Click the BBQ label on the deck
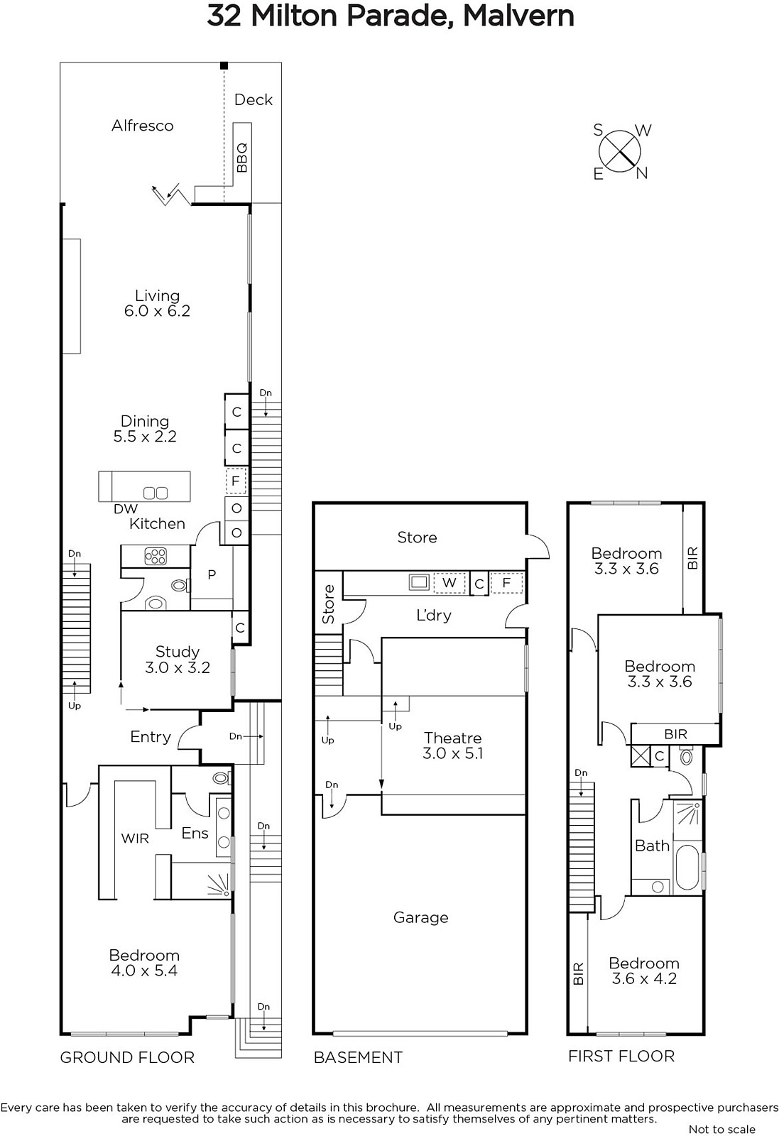(x=242, y=157)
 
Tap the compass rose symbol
(x=619, y=151)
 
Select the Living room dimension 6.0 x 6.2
(x=157, y=310)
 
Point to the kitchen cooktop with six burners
(x=156, y=557)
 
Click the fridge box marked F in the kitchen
(x=235, y=481)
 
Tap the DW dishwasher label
(x=126, y=508)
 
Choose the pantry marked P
(x=212, y=574)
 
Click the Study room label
(x=178, y=651)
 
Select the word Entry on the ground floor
(x=151, y=737)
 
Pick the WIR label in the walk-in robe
(x=135, y=839)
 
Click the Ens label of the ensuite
(x=195, y=833)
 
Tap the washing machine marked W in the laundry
(x=450, y=583)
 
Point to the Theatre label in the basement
(x=453, y=738)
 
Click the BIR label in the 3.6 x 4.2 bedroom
(x=578, y=973)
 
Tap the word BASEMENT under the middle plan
(x=358, y=1057)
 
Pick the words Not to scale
(x=722, y=1129)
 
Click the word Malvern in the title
(x=518, y=16)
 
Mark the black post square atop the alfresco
(x=224, y=65)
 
